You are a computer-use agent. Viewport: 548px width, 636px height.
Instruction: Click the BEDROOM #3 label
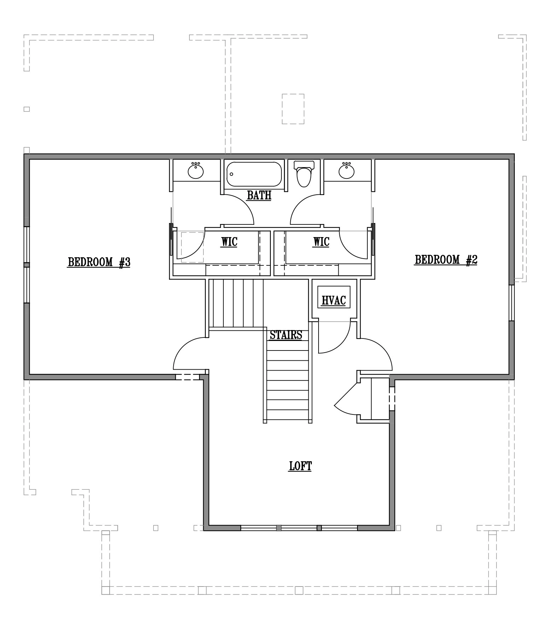click(99, 262)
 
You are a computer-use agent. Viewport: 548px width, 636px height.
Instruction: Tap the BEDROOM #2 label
click(446, 260)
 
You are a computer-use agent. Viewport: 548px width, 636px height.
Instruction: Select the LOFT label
click(301, 466)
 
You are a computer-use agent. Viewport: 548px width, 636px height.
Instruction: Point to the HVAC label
click(333, 300)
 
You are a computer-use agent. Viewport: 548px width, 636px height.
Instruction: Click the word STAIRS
click(286, 335)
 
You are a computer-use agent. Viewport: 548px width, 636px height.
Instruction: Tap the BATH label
click(259, 195)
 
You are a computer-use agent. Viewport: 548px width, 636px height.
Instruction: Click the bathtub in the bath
click(254, 174)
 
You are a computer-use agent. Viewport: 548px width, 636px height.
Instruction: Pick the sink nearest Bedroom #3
click(196, 171)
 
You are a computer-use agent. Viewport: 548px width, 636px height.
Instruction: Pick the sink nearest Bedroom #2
click(346, 171)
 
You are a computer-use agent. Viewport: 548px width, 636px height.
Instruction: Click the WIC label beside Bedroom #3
click(229, 242)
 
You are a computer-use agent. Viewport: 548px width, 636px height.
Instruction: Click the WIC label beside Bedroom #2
click(321, 242)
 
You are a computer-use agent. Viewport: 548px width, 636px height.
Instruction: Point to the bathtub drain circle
click(232, 174)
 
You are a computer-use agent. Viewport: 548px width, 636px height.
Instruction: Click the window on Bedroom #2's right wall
click(512, 303)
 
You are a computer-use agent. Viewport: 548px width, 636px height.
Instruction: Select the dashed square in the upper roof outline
click(293, 109)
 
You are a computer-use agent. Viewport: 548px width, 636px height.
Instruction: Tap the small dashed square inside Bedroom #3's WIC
click(192, 247)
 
